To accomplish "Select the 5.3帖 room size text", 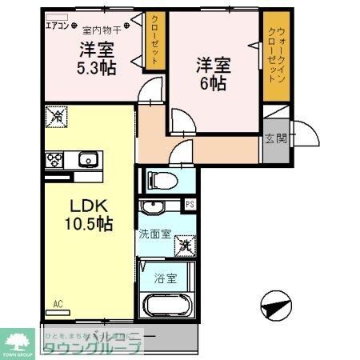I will point(96,67).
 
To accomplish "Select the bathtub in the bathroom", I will point(169,307).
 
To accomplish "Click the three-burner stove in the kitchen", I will point(54,159).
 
